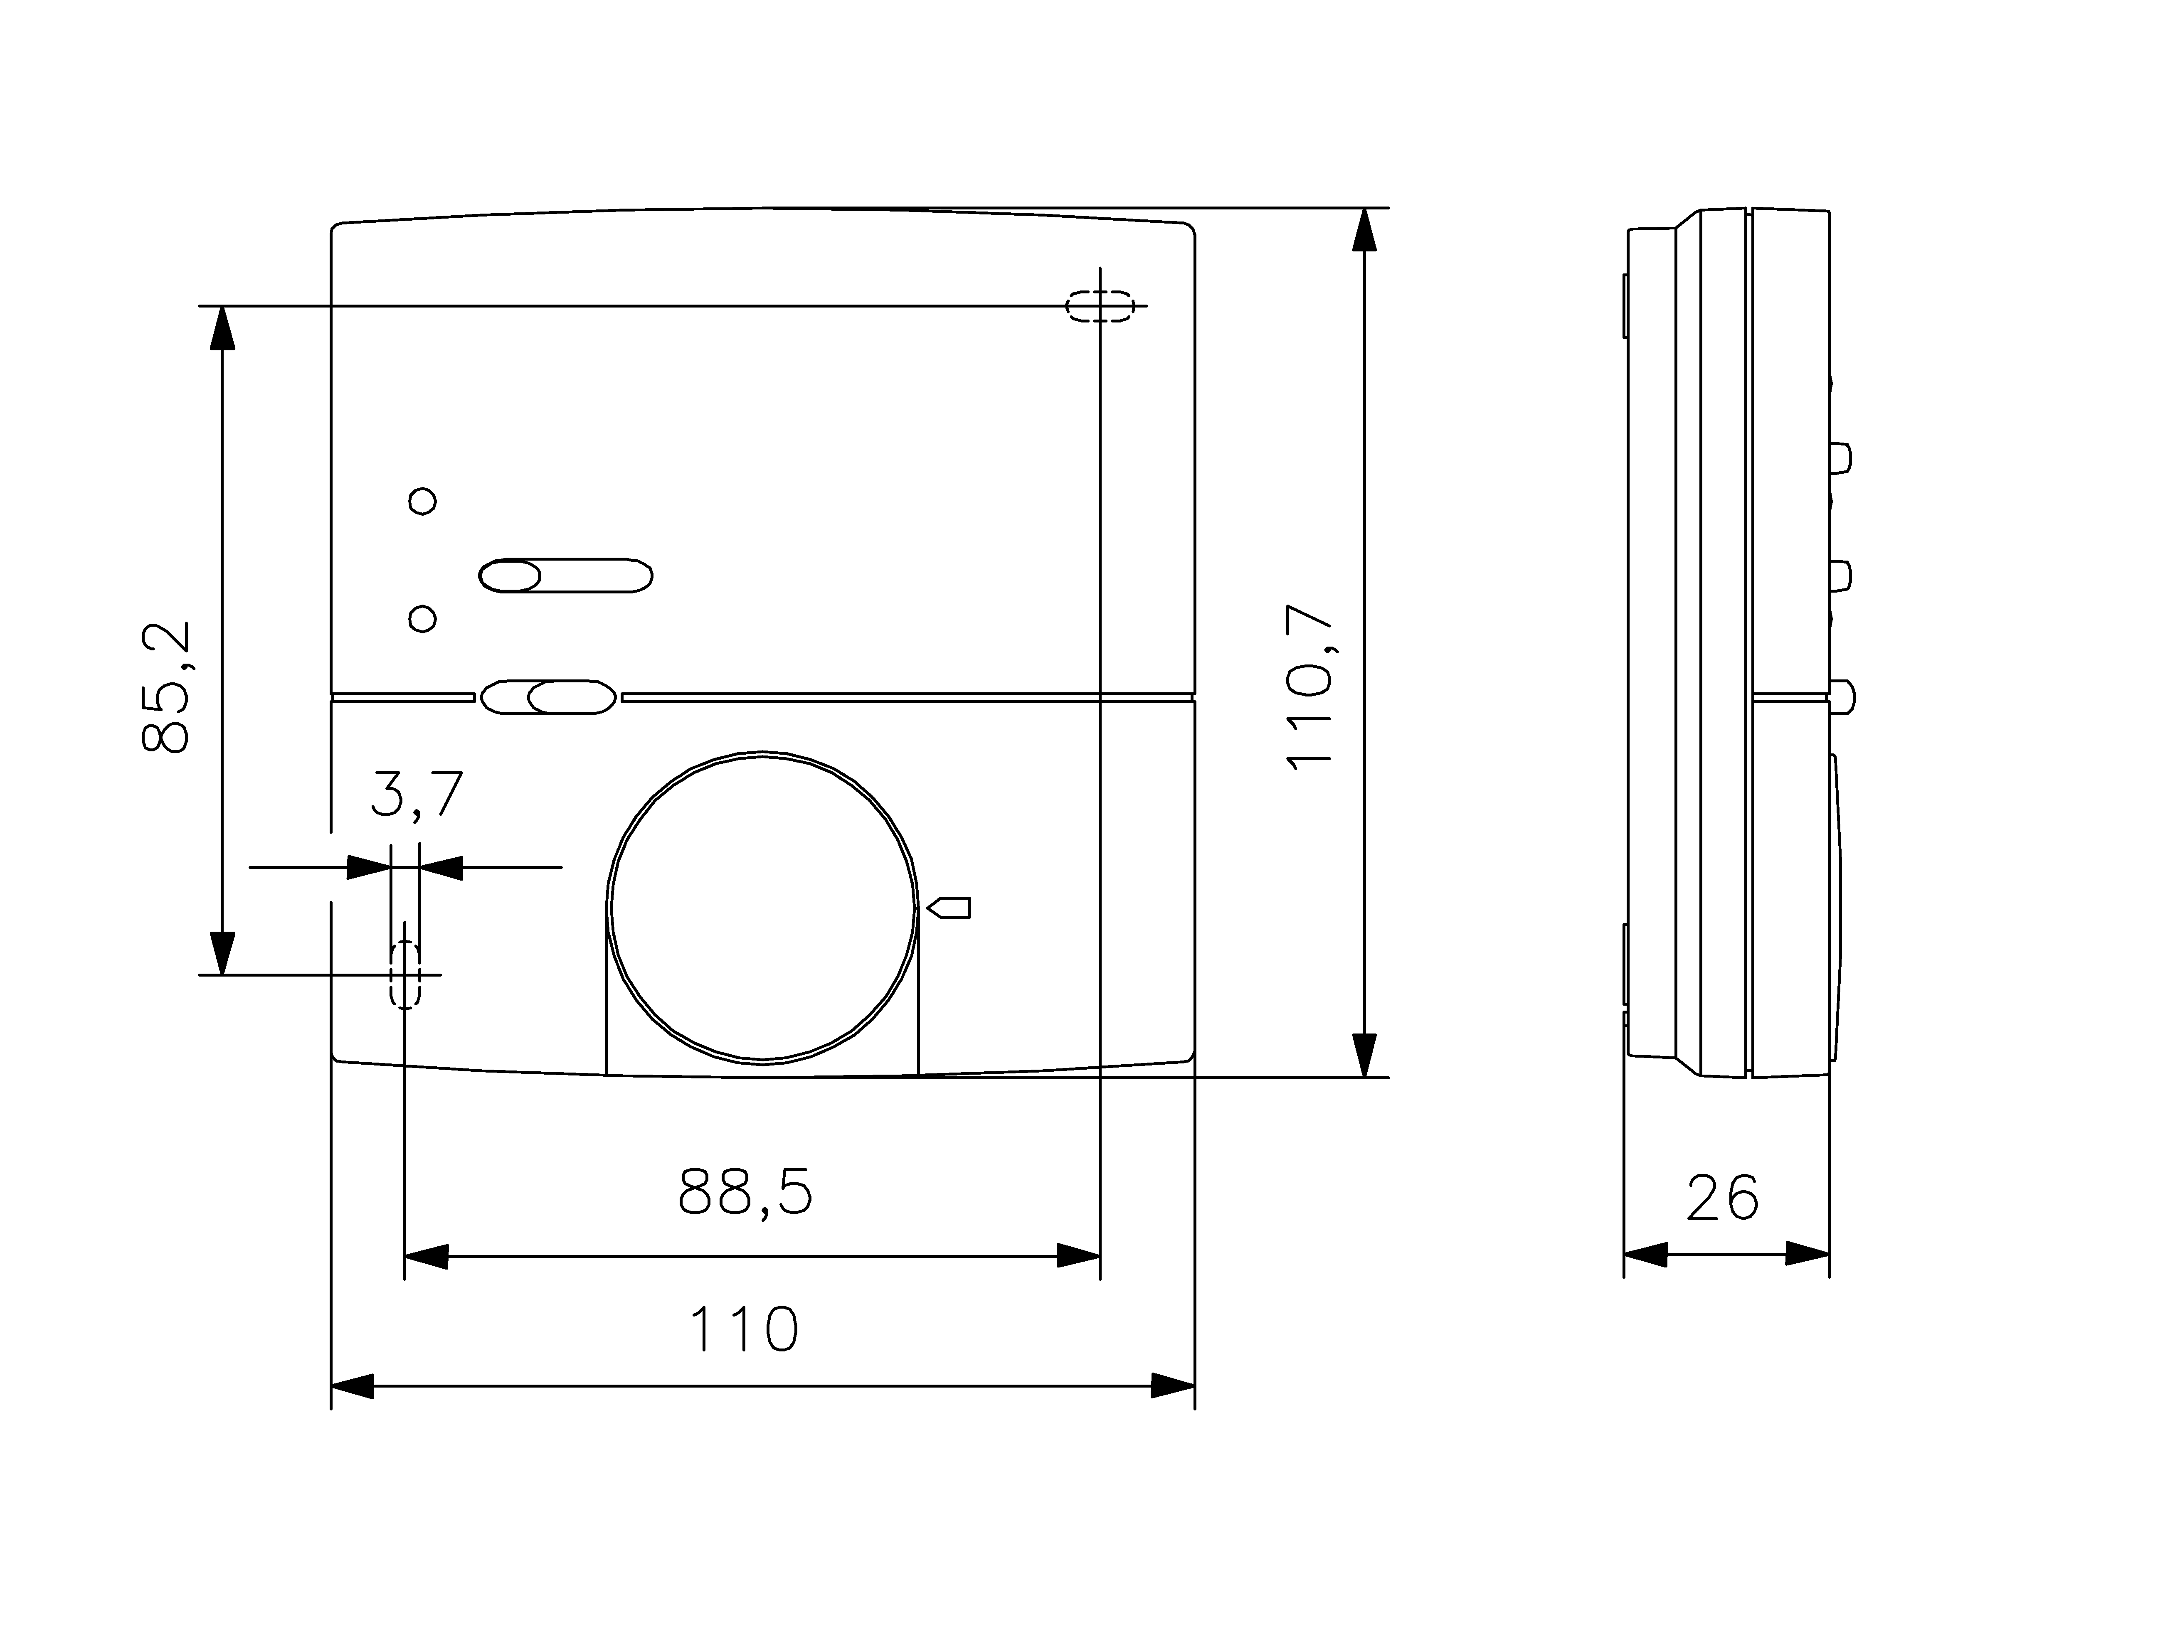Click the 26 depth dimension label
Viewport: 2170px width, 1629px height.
click(x=1723, y=1198)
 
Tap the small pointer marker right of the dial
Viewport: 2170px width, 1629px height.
click(x=949, y=907)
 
